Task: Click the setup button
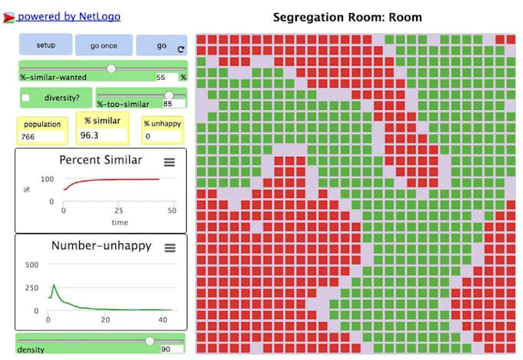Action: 45,45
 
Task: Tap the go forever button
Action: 161,45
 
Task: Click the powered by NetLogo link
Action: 68,16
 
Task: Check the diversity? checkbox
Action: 26,98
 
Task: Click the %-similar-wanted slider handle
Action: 112,68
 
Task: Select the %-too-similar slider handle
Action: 168,95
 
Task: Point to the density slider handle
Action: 149,341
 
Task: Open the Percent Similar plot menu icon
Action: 170,161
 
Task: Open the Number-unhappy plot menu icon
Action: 170,248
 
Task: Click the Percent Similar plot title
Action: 101,160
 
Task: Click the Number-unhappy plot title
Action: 102,246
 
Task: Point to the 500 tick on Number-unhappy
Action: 32,265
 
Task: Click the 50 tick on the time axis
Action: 172,210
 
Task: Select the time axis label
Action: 118,222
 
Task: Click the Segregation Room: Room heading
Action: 348,17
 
